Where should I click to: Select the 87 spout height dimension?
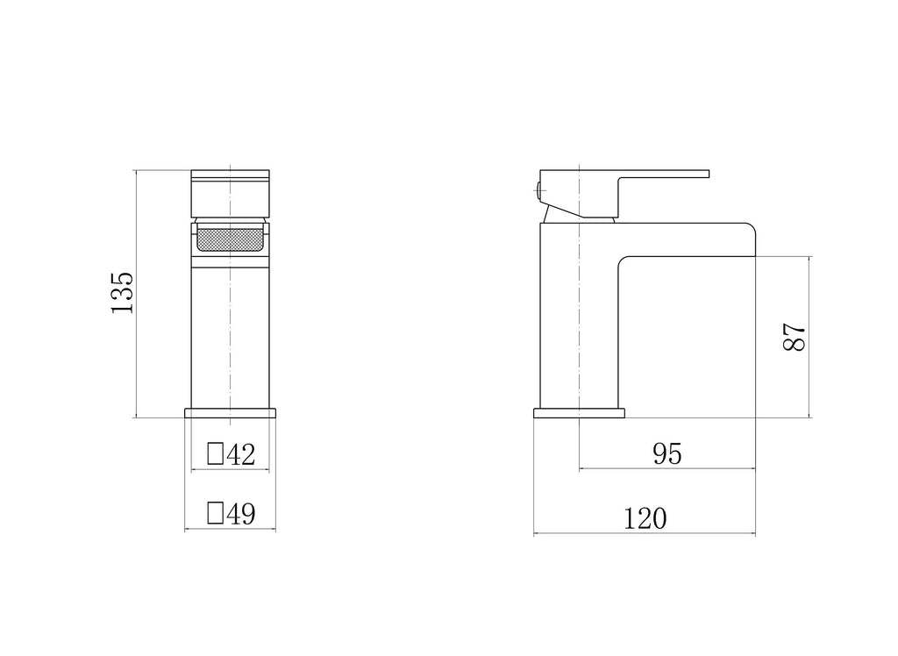click(x=793, y=338)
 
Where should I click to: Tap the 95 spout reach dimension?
click(x=667, y=453)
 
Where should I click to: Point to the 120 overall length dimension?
click(x=645, y=518)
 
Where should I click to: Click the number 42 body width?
click(x=240, y=454)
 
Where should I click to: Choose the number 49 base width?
click(x=240, y=514)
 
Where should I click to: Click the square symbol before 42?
click(x=215, y=454)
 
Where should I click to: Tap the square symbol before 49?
click(x=215, y=514)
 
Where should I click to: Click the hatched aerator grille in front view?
click(x=230, y=238)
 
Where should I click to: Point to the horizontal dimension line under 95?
click(x=667, y=468)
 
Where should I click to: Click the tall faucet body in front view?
click(x=230, y=333)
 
